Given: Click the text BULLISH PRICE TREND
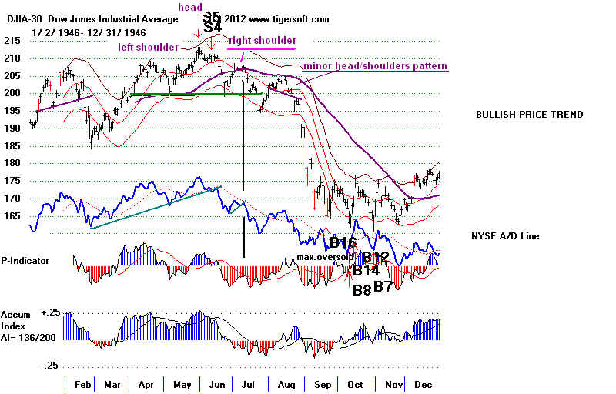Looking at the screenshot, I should point(529,115).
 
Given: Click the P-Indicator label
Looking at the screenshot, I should point(25,261).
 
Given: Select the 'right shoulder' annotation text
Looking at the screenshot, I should point(262,41).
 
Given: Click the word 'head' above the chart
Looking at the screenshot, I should point(189,8).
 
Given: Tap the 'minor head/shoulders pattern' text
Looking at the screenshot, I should point(376,67).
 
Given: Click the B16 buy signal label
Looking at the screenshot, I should point(343,244).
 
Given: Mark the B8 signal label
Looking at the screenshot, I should point(361,290).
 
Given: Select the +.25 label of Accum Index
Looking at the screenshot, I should point(51,314).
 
